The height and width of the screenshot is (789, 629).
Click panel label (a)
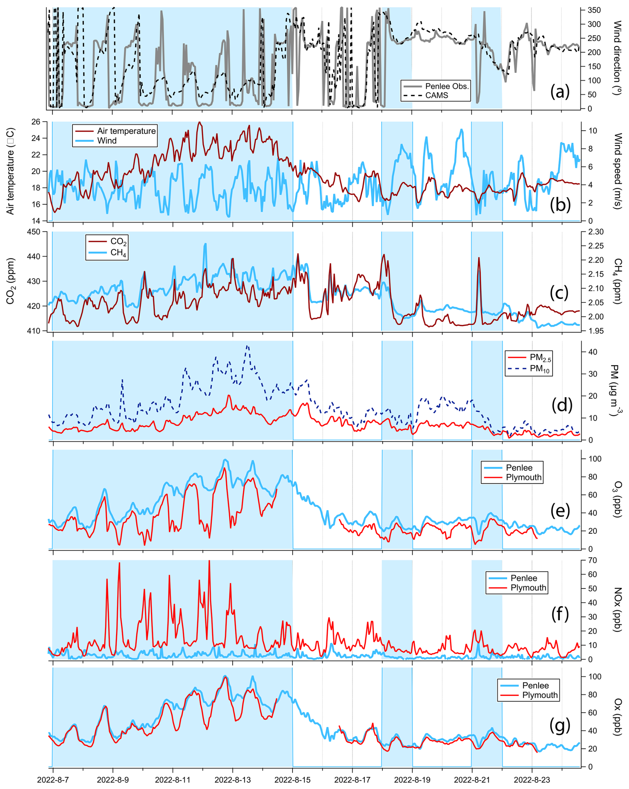(560, 91)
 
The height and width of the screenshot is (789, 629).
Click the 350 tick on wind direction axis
(594, 10)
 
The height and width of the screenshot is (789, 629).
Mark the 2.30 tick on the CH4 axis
(596, 232)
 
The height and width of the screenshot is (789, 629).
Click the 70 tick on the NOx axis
(592, 560)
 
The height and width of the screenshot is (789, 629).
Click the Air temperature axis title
(10, 171)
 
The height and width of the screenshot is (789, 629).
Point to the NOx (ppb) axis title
(618, 609)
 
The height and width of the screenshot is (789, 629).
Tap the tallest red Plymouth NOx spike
(209, 561)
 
